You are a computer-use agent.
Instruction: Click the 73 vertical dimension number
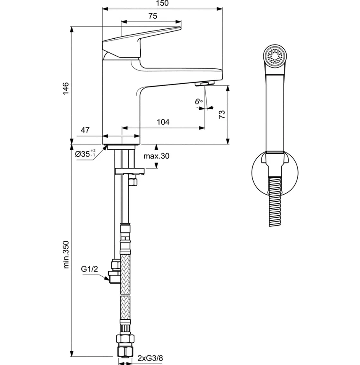point(221,114)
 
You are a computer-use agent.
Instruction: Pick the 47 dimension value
point(85,130)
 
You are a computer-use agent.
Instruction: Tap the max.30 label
point(156,156)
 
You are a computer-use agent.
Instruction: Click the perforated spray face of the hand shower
point(274,56)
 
